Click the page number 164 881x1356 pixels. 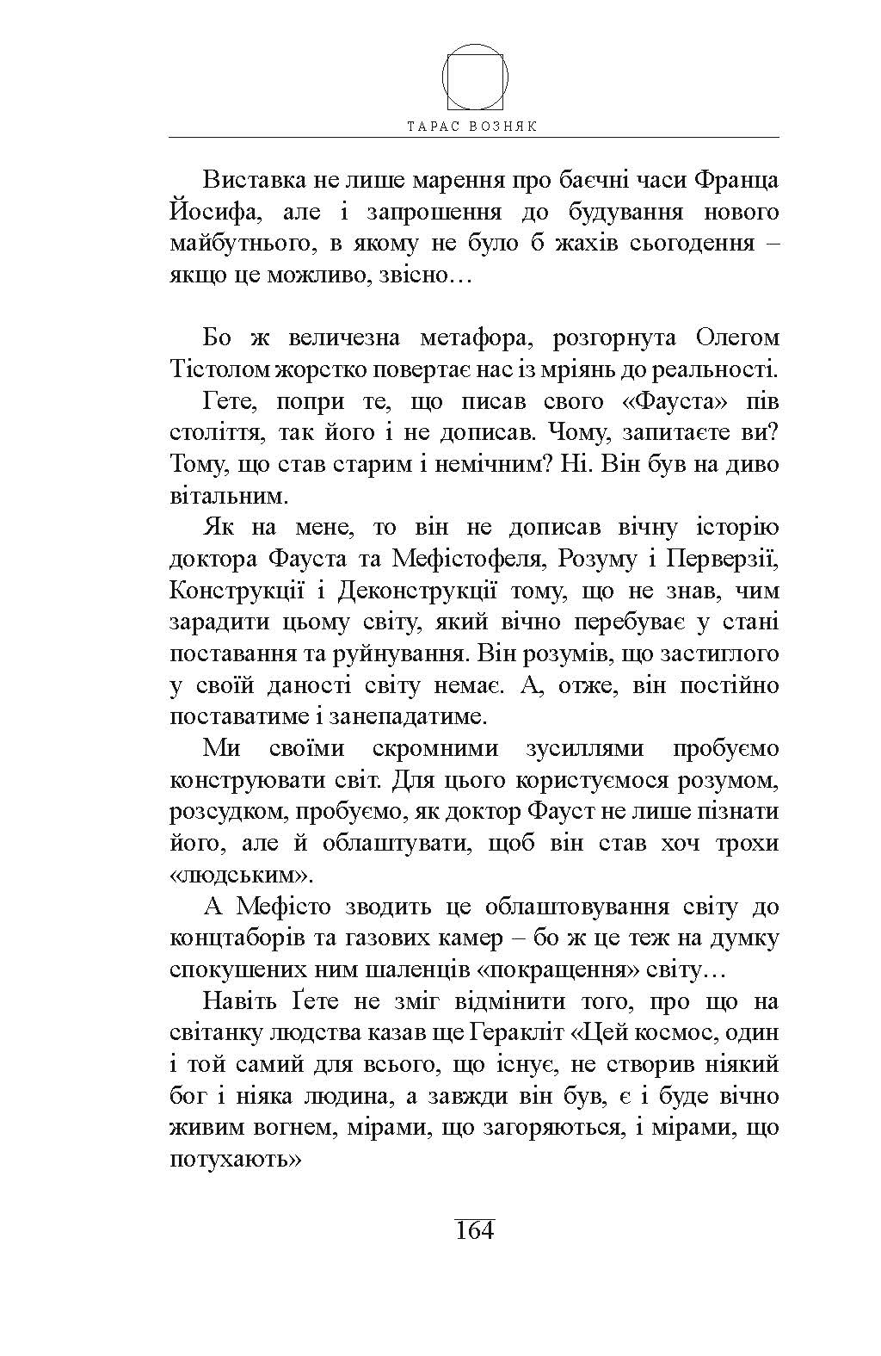tap(473, 1229)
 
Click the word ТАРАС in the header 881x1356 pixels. tap(436, 126)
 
